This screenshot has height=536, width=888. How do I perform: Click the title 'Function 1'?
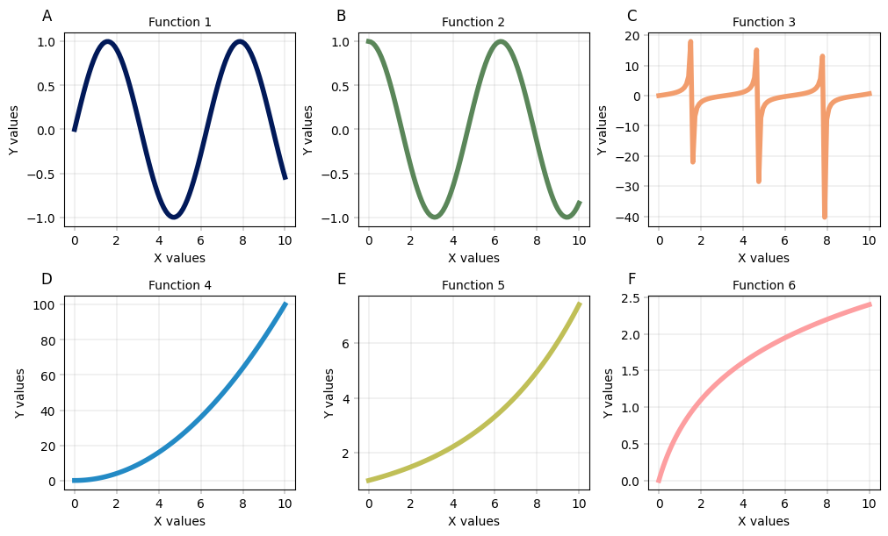click(x=179, y=22)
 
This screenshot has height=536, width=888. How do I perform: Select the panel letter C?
click(x=632, y=16)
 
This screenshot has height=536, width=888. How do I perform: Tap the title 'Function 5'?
click(x=473, y=285)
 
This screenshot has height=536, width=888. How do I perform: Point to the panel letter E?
click(x=342, y=279)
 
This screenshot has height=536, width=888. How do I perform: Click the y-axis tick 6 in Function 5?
click(x=346, y=344)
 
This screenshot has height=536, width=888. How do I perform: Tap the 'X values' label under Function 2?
click(x=473, y=258)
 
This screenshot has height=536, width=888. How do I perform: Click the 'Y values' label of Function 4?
click(x=19, y=392)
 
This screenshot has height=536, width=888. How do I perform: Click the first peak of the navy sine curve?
click(x=107, y=41)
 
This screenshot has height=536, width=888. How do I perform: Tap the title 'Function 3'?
click(x=763, y=22)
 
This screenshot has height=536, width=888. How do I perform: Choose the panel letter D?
click(x=47, y=279)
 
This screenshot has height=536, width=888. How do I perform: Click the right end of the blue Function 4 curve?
click(x=285, y=304)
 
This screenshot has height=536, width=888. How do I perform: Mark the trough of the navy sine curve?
click(x=174, y=217)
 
